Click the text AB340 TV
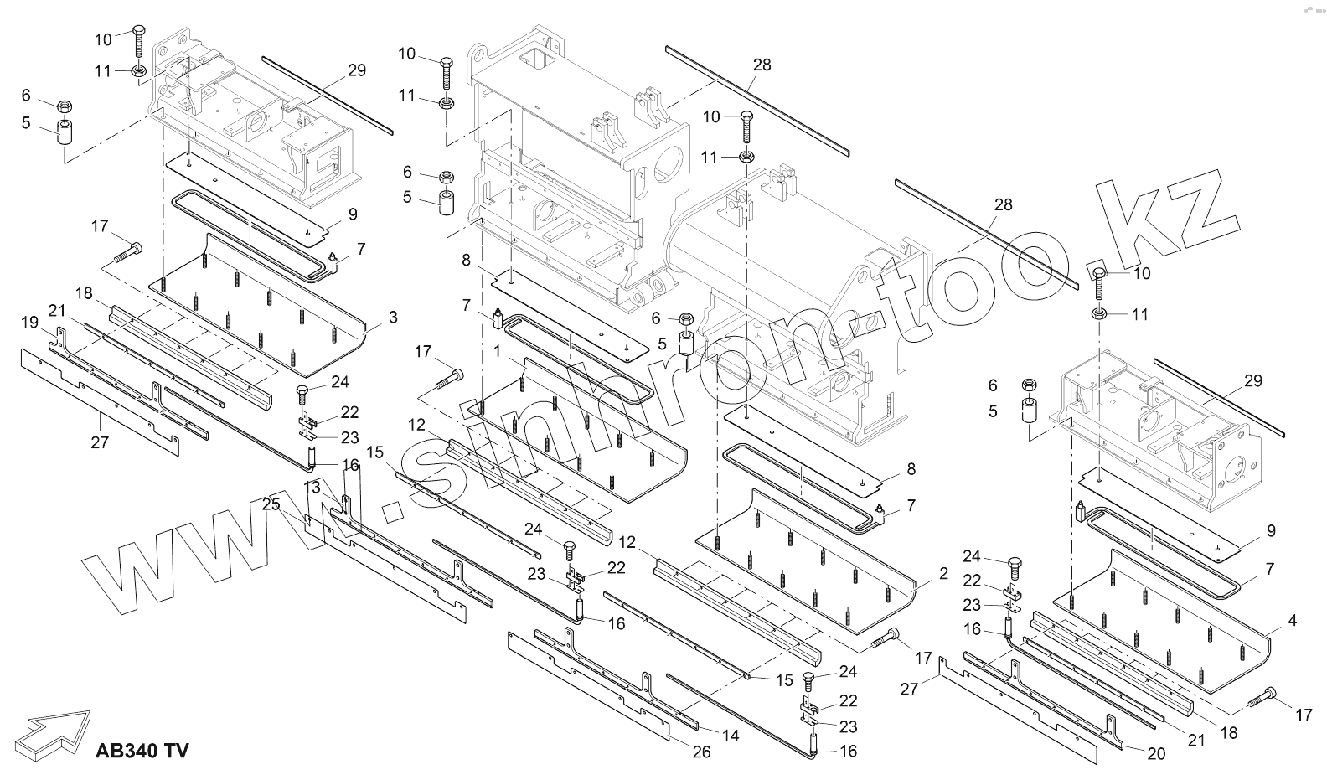click(x=142, y=750)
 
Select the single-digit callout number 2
click(x=943, y=574)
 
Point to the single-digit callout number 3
click(x=393, y=318)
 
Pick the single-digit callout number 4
click(x=1292, y=621)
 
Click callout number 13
click(x=312, y=488)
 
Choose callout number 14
click(x=731, y=736)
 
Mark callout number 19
click(x=29, y=322)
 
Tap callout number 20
click(x=1155, y=754)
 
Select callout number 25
click(x=271, y=504)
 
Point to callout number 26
click(x=701, y=752)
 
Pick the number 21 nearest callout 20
click(x=1195, y=740)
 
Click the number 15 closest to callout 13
click(x=374, y=452)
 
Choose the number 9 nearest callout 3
click(x=353, y=214)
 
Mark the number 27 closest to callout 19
click(x=100, y=442)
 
